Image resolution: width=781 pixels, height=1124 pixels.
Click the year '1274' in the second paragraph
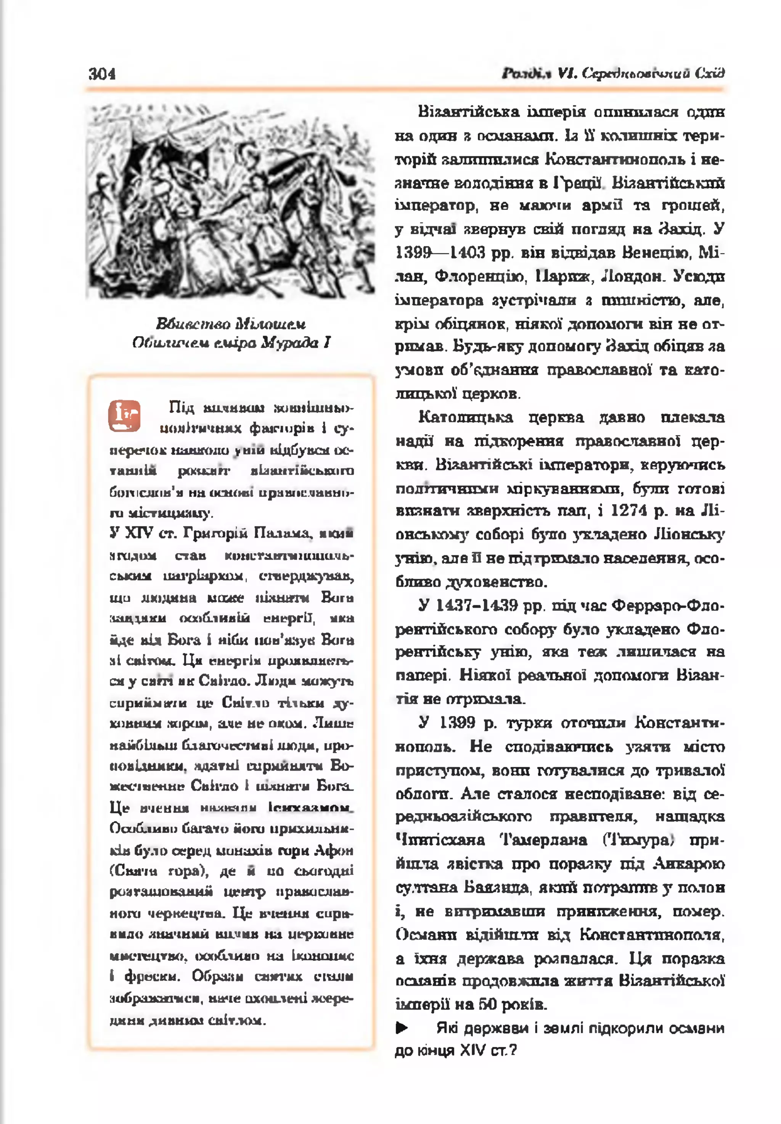tap(629, 510)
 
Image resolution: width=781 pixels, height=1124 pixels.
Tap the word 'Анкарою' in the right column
tap(689, 863)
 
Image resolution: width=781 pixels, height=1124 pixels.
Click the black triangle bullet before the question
tap(402, 1028)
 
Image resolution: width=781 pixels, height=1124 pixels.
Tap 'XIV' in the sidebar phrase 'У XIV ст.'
tap(140, 533)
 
